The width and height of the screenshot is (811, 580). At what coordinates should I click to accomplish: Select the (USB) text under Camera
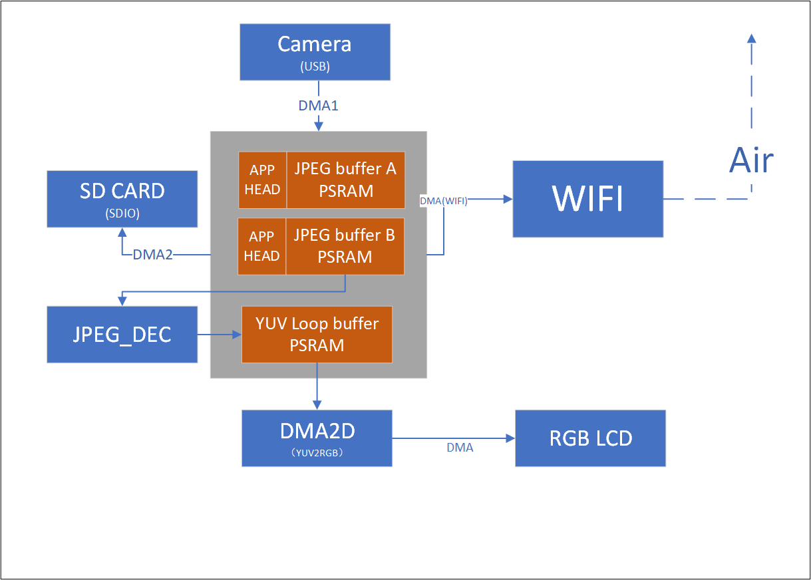315,67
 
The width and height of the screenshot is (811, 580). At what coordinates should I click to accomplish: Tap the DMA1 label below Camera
318,105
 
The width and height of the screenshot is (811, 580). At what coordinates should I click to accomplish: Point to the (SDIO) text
122,214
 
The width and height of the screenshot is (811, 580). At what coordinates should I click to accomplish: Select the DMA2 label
152,254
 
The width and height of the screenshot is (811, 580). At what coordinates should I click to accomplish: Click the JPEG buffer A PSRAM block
345,180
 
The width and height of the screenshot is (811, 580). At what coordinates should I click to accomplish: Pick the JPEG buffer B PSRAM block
345,245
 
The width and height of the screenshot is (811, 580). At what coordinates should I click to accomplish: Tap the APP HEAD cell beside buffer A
262,180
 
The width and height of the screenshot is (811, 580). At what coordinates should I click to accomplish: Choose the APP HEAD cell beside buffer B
262,246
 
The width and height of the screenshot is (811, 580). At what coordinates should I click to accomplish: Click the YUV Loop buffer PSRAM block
317,334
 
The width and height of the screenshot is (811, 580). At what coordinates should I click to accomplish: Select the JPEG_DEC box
122,335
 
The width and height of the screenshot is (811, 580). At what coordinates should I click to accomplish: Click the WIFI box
587,198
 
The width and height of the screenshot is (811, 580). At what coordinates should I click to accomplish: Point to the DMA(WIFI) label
444,201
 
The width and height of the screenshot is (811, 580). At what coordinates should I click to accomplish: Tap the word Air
752,160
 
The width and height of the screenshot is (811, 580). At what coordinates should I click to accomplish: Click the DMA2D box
317,437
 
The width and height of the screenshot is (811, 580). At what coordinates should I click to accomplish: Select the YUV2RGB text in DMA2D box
317,452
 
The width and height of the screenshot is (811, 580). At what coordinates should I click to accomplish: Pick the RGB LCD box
590,438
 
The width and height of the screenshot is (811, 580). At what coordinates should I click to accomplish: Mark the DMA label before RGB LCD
460,448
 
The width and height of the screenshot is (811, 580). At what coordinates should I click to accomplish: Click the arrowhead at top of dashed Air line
752,39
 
